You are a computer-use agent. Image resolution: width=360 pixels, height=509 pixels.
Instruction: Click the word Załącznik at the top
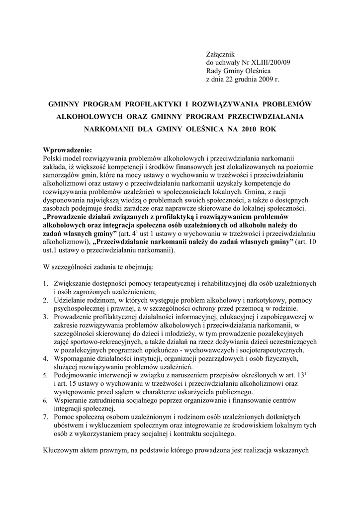pos(220,54)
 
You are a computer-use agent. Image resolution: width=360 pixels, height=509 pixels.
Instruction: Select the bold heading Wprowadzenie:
pos(68,150)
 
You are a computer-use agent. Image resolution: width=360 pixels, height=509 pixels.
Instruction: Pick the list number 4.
pos(45,358)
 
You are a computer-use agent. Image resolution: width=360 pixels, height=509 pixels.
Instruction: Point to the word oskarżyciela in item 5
pos(183,391)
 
